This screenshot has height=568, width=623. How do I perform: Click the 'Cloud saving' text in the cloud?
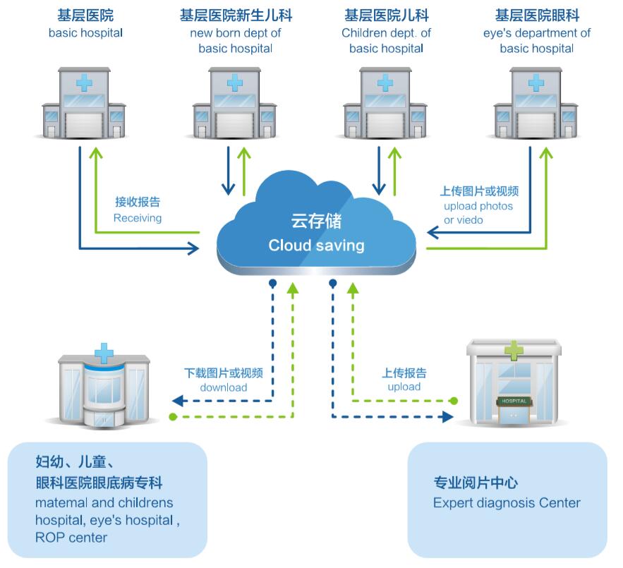316,246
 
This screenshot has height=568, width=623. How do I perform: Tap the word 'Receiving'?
138,218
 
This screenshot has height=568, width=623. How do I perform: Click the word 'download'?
224,387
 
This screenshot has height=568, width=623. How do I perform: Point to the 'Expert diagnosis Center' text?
507,503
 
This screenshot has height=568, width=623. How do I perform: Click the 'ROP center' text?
71,538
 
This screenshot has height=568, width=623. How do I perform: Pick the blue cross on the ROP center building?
104,352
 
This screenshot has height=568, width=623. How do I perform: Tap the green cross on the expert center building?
514,349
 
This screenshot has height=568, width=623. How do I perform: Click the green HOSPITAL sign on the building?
513,401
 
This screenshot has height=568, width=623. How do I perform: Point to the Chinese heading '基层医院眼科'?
537,16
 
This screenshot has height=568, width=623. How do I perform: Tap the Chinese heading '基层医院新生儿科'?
235,16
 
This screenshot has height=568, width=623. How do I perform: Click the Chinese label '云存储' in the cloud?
316,222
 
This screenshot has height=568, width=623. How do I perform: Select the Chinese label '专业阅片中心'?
476,483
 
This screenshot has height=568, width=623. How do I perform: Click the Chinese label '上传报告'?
404,373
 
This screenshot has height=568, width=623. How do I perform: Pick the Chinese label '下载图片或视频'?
224,373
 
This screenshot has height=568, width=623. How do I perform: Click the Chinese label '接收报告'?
138,203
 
